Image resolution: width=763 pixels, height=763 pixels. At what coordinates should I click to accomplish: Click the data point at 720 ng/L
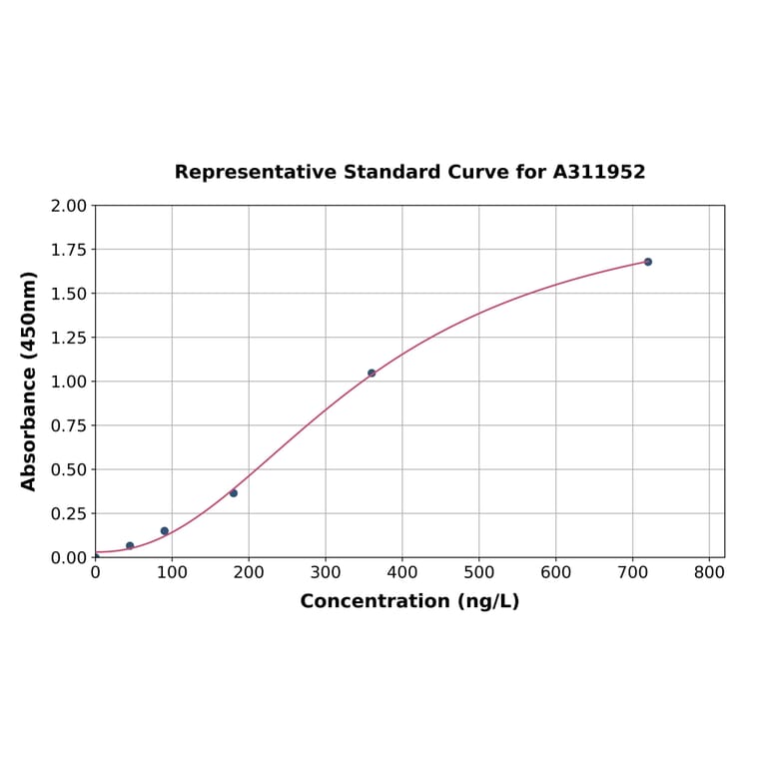[648, 262]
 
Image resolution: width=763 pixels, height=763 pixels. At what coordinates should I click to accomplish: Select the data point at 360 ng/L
[372, 374]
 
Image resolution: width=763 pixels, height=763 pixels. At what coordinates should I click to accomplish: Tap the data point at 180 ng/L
[234, 493]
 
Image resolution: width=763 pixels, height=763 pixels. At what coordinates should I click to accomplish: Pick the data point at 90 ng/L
[165, 531]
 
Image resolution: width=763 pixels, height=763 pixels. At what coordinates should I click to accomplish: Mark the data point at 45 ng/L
[130, 546]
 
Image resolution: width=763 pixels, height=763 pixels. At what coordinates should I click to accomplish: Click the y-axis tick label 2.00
[69, 206]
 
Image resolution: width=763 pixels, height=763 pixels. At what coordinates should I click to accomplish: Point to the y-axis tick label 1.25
[69, 338]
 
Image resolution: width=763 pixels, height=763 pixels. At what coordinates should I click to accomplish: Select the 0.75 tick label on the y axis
[69, 425]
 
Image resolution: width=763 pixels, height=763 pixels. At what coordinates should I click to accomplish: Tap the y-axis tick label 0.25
[69, 513]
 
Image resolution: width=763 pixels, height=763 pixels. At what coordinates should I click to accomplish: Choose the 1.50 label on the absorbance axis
[69, 294]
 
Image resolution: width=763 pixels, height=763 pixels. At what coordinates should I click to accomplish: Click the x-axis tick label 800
[709, 573]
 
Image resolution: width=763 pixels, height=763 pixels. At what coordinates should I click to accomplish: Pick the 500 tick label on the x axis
[478, 573]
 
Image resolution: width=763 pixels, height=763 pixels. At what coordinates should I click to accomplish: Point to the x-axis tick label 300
[326, 573]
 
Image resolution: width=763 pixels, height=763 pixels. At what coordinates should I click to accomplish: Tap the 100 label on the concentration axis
[172, 573]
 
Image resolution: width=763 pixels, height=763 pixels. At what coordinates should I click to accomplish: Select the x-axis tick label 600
[555, 573]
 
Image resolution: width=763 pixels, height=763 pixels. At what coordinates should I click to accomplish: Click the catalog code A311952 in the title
[599, 173]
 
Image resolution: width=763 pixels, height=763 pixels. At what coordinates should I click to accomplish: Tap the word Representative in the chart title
[256, 173]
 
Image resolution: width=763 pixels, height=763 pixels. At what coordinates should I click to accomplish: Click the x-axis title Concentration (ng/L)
[409, 601]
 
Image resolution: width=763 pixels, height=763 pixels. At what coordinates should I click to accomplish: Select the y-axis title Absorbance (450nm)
[30, 381]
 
